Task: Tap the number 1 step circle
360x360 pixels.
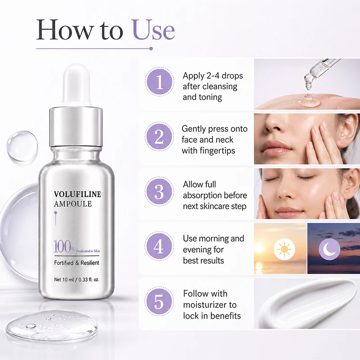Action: tap(159, 82)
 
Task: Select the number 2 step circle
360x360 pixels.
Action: tap(159, 136)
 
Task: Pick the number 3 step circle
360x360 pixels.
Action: tap(159, 192)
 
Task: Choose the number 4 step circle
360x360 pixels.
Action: tap(159, 246)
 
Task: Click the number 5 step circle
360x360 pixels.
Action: tap(159, 301)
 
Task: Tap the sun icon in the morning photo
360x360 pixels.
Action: tap(284, 249)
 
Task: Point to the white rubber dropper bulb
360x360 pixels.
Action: tap(76, 85)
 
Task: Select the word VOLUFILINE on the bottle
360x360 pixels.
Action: tap(77, 194)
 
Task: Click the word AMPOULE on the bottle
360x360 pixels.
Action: tap(73, 204)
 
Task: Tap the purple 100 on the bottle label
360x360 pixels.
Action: tap(63, 246)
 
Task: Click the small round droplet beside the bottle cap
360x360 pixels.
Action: tap(22, 145)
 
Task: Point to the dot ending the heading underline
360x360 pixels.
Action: tap(151, 49)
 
